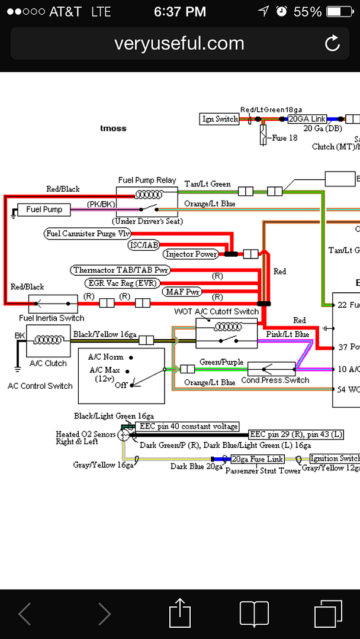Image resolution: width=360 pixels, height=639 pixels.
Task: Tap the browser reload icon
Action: (332, 43)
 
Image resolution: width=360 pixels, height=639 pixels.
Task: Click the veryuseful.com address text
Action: (179, 43)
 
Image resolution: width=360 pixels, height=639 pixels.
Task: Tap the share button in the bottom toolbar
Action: (180, 613)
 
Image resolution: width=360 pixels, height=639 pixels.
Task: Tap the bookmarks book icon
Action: (255, 613)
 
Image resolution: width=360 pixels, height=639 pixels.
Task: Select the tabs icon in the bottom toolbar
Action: (328, 613)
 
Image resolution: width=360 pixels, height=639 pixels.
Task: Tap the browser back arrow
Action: (25, 613)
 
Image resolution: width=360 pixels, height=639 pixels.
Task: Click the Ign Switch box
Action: (220, 119)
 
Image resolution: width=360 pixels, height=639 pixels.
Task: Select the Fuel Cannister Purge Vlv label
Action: (88, 234)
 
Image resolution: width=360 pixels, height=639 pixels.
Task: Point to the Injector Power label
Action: (191, 254)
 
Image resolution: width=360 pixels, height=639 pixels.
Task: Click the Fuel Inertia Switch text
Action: (52, 318)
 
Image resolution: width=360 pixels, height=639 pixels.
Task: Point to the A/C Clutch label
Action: (48, 363)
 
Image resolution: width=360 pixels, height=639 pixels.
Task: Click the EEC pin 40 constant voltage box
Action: (188, 426)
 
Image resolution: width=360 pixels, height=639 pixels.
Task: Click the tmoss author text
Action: (113, 128)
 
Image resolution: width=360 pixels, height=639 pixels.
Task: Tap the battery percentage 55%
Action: (307, 11)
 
